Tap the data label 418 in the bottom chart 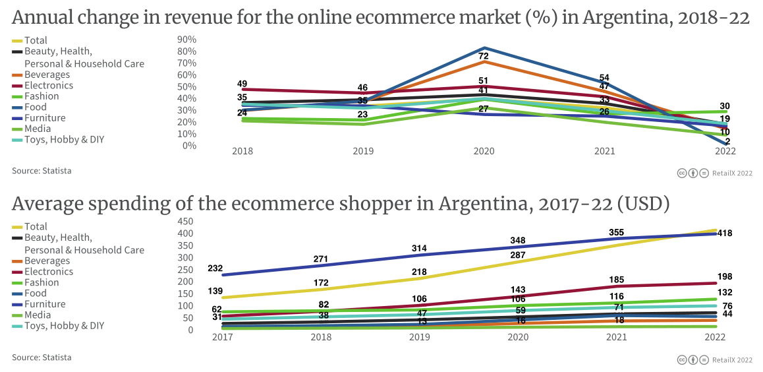click(x=725, y=233)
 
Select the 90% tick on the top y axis click(x=187, y=40)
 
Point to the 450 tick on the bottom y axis click(x=185, y=221)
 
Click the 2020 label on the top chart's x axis click(x=484, y=151)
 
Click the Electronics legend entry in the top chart click(x=49, y=85)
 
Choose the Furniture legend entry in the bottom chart click(x=45, y=304)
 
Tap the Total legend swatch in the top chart click(x=17, y=41)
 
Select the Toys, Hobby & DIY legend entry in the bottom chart click(x=64, y=325)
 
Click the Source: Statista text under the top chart click(x=42, y=171)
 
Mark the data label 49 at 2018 click(x=242, y=84)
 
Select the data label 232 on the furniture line click(x=215, y=268)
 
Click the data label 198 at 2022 click(x=725, y=276)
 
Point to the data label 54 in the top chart click(x=604, y=77)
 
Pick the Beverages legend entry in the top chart click(x=47, y=75)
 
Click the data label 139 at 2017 click(x=215, y=291)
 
